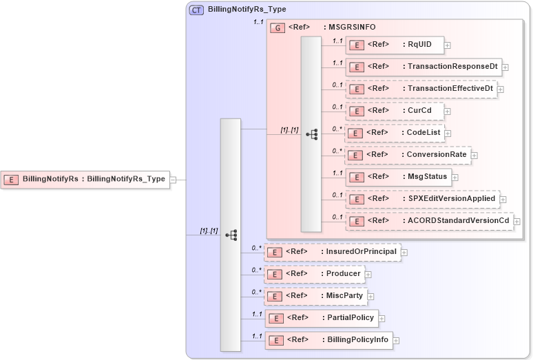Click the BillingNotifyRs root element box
[85, 179]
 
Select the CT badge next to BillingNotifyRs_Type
[196, 10]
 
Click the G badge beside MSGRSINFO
[278, 28]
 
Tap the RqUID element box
[394, 45]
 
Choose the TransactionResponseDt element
[423, 67]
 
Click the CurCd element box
[394, 110]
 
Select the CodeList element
[394, 132]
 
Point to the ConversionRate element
[407, 155]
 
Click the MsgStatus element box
[397, 177]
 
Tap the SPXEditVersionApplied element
[421, 199]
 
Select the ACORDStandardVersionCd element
[428, 221]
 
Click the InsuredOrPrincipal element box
[332, 252]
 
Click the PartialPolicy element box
[322, 318]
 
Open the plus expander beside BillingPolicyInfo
[397, 340]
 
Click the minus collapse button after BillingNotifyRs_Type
[174, 180]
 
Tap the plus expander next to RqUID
[448, 45]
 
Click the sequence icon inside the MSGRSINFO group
[311, 134]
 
